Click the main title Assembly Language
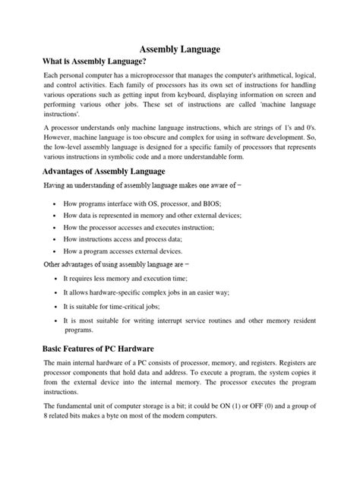[179, 49]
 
